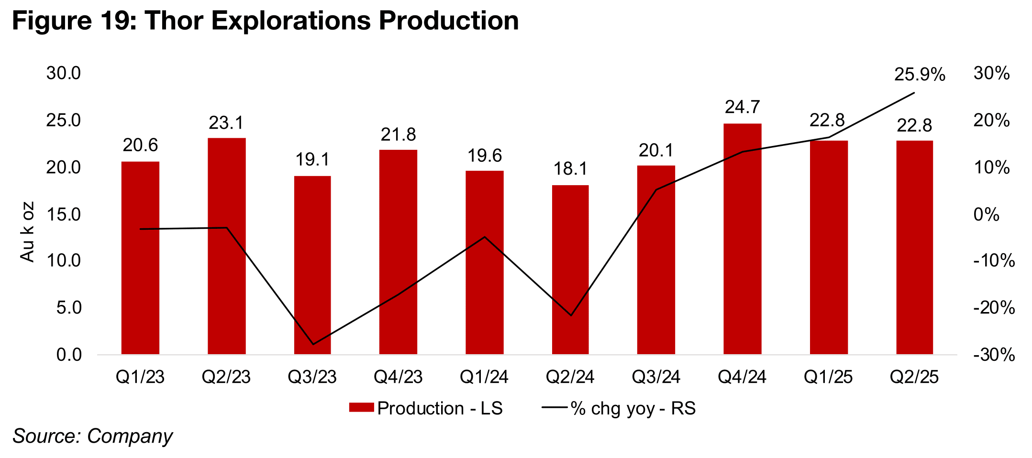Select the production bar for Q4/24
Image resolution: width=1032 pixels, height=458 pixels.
click(742, 239)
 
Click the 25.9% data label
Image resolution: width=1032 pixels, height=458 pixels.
click(920, 75)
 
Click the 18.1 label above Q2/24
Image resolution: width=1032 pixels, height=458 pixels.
click(570, 169)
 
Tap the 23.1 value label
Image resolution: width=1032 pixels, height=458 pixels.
click(226, 123)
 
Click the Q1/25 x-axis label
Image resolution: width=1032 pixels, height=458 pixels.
click(828, 377)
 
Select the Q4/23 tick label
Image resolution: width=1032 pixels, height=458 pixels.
click(398, 377)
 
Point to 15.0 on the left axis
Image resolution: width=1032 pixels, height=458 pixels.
click(63, 214)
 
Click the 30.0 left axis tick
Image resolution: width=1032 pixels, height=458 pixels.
click(63, 73)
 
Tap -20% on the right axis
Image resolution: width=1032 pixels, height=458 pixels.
click(994, 308)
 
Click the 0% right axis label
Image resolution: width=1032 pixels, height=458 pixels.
click(986, 214)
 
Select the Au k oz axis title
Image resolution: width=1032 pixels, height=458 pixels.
click(27, 232)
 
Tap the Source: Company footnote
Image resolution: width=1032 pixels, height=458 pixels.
click(92, 436)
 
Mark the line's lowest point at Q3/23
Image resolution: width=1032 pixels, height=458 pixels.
click(313, 344)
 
